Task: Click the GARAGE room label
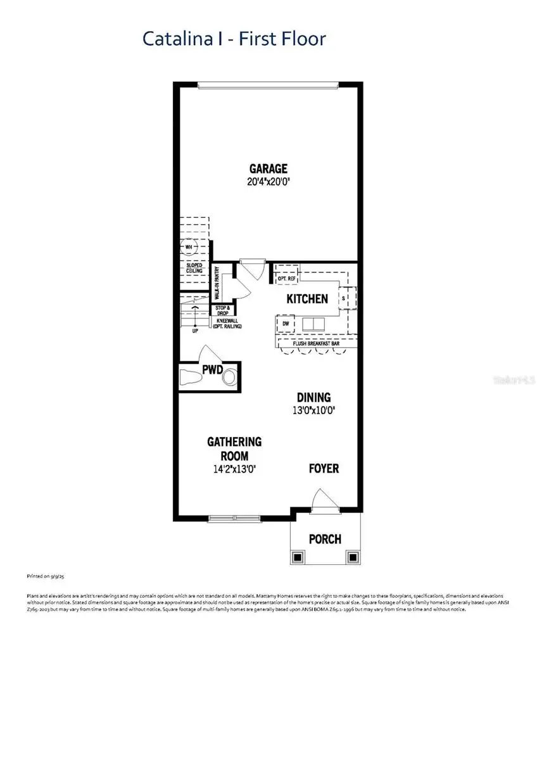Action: (268, 168)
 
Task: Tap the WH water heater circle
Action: (189, 247)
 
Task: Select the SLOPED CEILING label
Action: (194, 268)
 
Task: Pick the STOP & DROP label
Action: (222, 310)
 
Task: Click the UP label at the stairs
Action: (196, 330)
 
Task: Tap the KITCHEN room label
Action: (307, 299)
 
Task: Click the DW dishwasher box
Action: (286, 324)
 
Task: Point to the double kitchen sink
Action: (313, 324)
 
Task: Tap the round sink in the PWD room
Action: (229, 377)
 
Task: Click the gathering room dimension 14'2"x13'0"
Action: (234, 469)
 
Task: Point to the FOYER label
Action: (324, 469)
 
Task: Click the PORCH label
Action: (325, 539)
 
